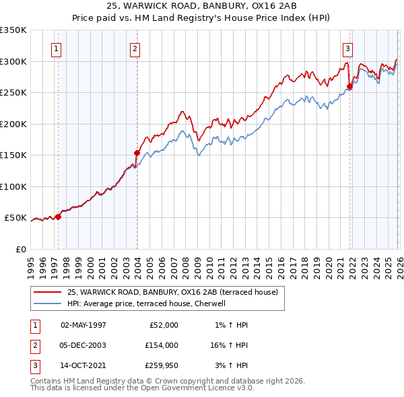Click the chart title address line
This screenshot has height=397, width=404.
[x=202, y=5]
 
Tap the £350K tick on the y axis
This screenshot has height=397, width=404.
[x=13, y=30]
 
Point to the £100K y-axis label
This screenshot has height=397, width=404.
[x=13, y=186]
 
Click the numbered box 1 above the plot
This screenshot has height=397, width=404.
[x=56, y=48]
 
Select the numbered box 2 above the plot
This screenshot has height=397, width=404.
[x=135, y=48]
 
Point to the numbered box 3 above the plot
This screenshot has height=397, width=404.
[x=347, y=48]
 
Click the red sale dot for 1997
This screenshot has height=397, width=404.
[x=59, y=217]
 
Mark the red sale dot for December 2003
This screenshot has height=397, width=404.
[x=137, y=153]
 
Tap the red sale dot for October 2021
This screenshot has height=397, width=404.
[x=350, y=86]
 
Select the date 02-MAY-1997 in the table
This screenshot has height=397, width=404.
[x=83, y=325]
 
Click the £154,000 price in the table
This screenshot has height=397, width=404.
[x=162, y=345]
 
